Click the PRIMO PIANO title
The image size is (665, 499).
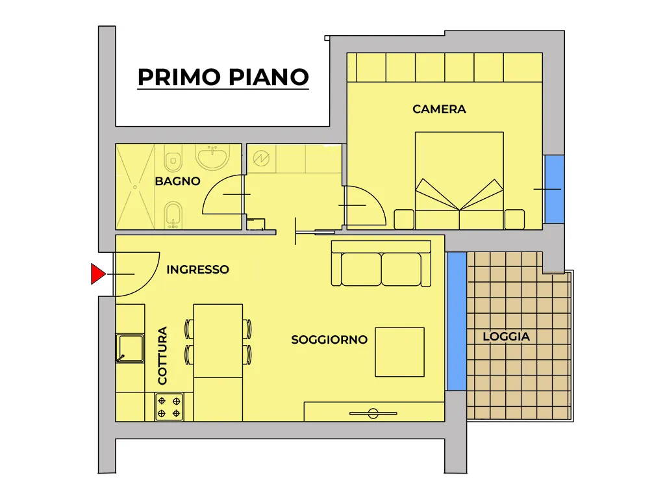[x=223, y=77]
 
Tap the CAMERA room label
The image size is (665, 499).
[x=439, y=109]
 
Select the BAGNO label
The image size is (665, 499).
[x=177, y=181]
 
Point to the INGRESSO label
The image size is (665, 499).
[x=197, y=270]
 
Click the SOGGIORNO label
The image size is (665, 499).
[x=329, y=339]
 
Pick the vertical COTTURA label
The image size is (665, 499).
[x=162, y=355]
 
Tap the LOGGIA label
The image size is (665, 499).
[x=506, y=337]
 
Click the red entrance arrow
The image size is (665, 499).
[x=98, y=274]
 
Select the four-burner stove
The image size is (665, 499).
[x=169, y=407]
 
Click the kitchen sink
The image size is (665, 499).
[x=130, y=348]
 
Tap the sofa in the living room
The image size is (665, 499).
[x=381, y=264]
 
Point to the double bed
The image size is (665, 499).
[x=459, y=181]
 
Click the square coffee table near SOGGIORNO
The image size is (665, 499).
[x=399, y=352]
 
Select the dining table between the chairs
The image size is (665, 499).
[x=218, y=340]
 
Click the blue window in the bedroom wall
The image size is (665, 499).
[x=555, y=189]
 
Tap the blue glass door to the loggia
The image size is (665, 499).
[x=457, y=321]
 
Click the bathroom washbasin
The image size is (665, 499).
[x=212, y=157]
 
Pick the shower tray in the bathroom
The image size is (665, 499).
[x=135, y=186]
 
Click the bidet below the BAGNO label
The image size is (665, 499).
[x=173, y=214]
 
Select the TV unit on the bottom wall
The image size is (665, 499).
[x=374, y=411]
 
